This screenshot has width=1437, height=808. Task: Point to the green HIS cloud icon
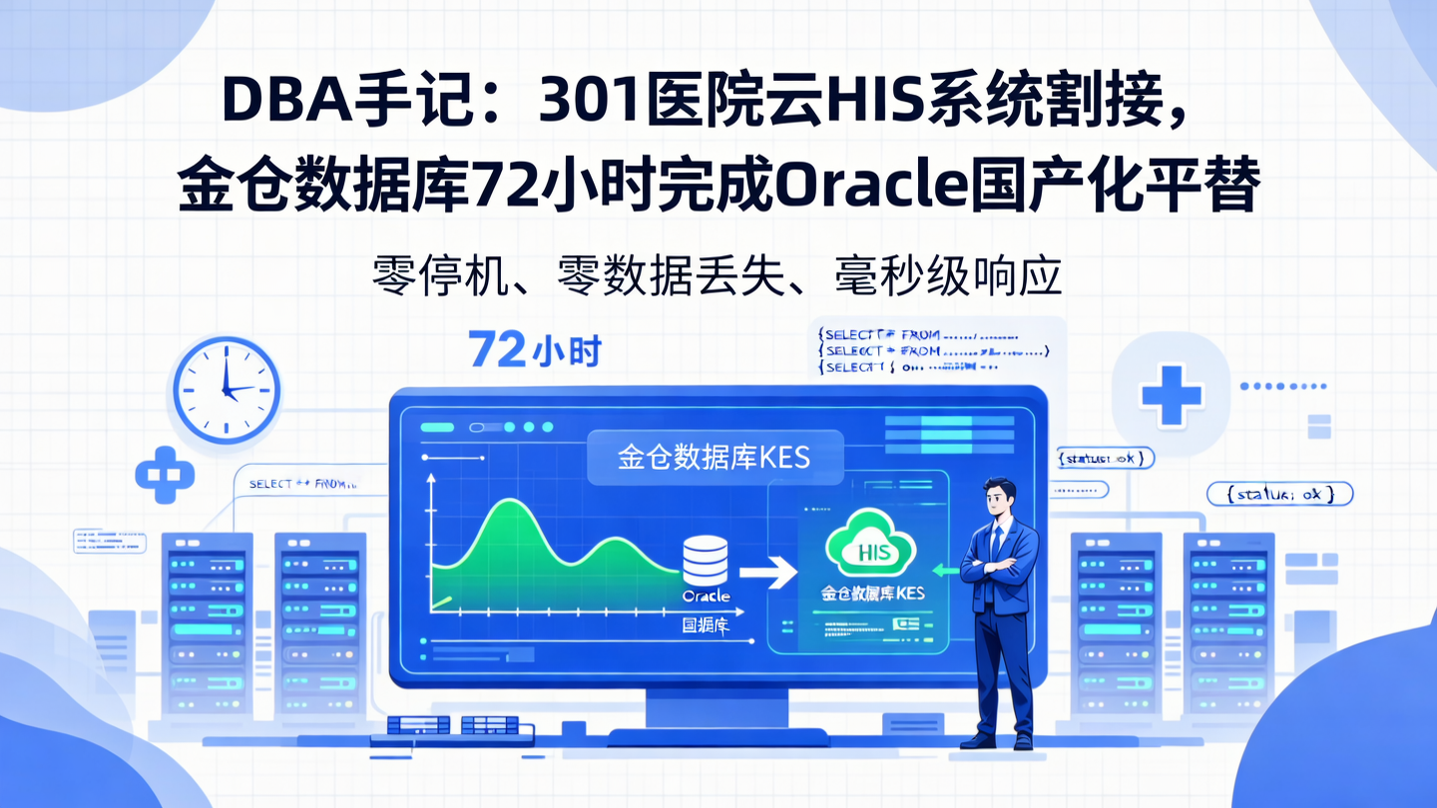pos(871,545)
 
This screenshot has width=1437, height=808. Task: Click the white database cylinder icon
pos(706,561)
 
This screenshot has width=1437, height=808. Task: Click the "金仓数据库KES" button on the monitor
pos(715,457)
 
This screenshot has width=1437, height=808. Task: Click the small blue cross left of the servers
pos(164,475)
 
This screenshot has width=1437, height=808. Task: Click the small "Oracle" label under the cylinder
pos(706,597)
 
